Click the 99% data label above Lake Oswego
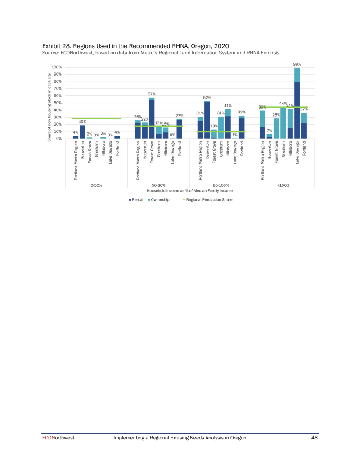point(297,64)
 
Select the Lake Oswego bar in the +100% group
point(297,104)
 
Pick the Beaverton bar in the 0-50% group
point(82,132)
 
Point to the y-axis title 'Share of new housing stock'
point(49,107)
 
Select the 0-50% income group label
point(96,185)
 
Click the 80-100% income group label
point(220,185)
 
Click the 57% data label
point(152,94)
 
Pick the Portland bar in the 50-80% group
point(180,129)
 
